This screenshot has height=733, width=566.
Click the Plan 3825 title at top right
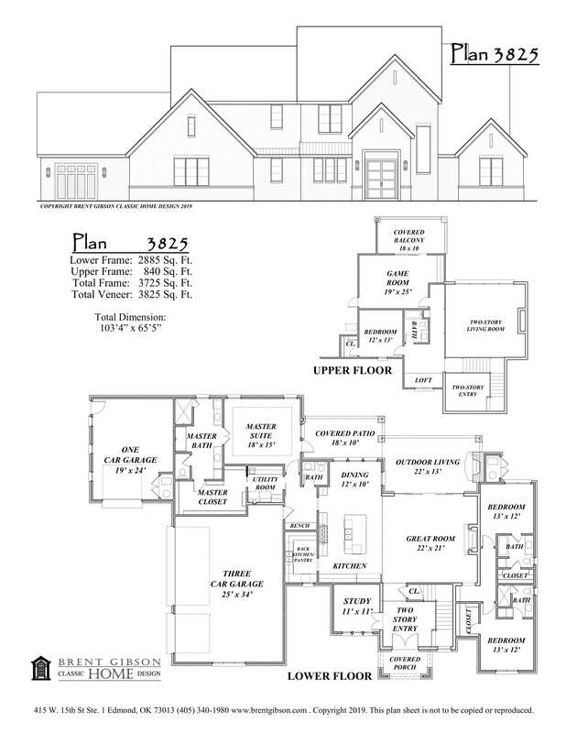coord(494,55)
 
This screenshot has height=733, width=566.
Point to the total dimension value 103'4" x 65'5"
coord(131,326)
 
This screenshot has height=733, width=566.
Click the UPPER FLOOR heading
coord(353,371)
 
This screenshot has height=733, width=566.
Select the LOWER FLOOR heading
coord(330,676)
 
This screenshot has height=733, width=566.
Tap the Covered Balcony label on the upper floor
coord(408,241)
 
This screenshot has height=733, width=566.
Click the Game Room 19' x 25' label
coord(397,283)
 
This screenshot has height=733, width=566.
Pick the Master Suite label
coord(261,435)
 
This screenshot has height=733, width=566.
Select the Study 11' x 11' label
coord(356,606)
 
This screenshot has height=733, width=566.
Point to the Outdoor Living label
coord(430,467)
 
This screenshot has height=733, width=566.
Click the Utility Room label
coord(265,484)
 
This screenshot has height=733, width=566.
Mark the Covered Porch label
coord(404,663)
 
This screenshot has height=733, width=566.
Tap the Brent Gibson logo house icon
coord(40,669)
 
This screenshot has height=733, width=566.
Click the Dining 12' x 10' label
coord(354,479)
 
